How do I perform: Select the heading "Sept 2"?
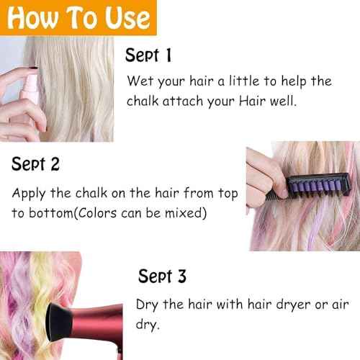tap(35, 163)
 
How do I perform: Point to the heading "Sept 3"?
tap(162, 276)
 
